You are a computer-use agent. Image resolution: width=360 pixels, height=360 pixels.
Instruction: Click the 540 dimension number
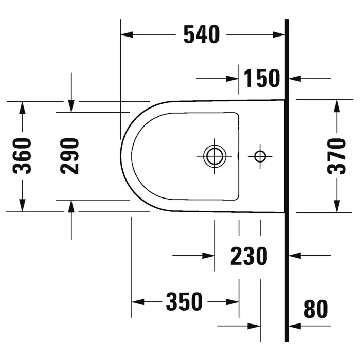202,34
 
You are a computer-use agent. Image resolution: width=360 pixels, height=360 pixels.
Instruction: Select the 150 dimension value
261,78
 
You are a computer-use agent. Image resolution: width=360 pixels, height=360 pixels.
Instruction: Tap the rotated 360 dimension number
22,156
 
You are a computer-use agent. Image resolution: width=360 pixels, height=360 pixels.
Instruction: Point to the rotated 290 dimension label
69,156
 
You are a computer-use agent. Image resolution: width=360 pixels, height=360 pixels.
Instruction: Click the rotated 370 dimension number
336,156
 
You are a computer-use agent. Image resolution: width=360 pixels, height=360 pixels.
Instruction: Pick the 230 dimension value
249,256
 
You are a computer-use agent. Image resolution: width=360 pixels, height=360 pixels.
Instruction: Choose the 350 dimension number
184,301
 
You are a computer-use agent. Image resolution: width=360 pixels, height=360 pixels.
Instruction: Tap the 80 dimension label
316,309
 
